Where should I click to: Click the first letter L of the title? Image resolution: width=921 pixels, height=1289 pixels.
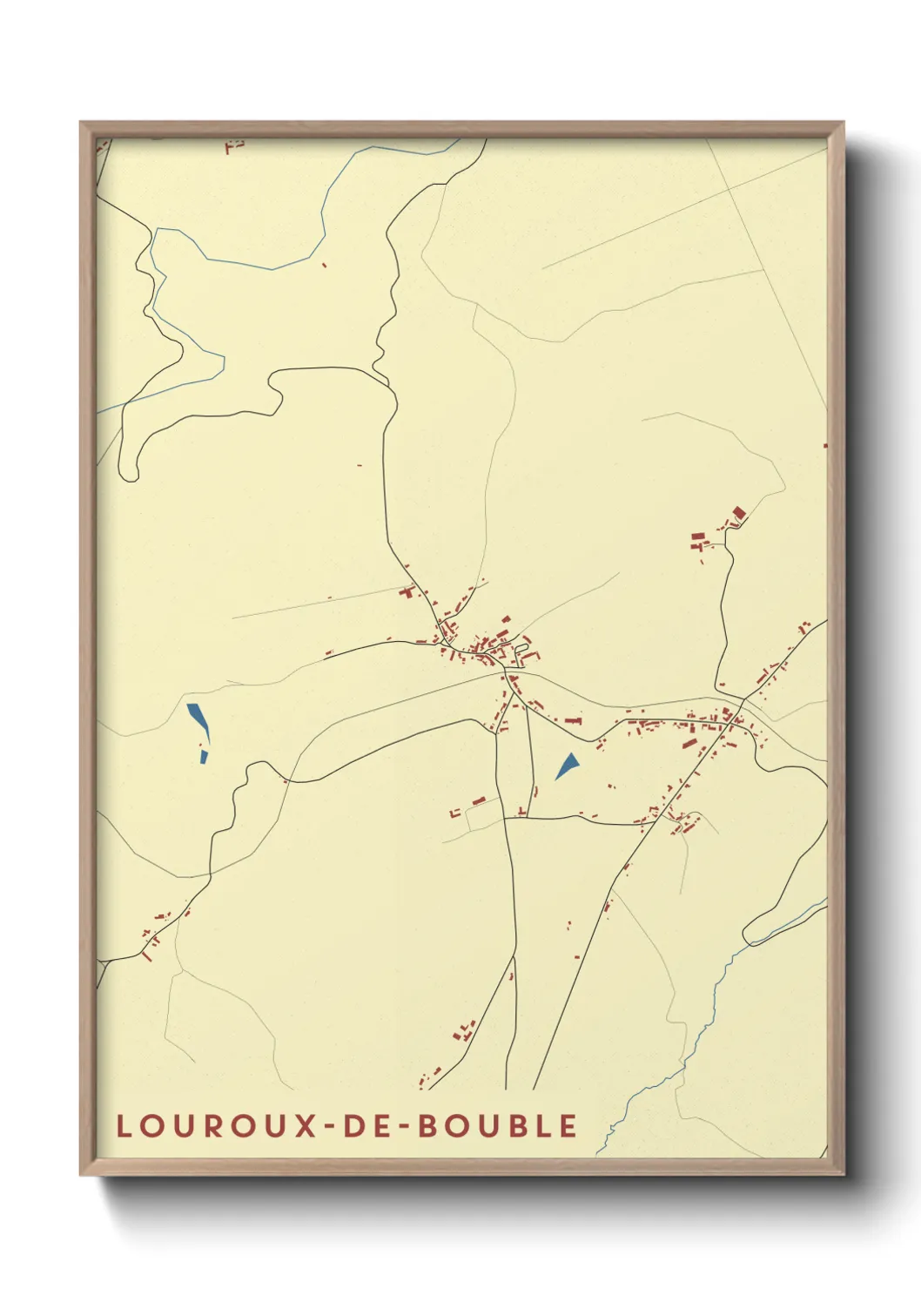(124, 1126)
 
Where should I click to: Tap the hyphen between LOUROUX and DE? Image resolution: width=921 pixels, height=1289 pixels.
(331, 1127)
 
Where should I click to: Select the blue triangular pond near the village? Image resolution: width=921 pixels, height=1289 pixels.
(568, 766)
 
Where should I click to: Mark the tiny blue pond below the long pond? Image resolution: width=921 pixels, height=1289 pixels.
(204, 757)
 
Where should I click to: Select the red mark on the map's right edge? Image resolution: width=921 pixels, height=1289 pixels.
(824, 446)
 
